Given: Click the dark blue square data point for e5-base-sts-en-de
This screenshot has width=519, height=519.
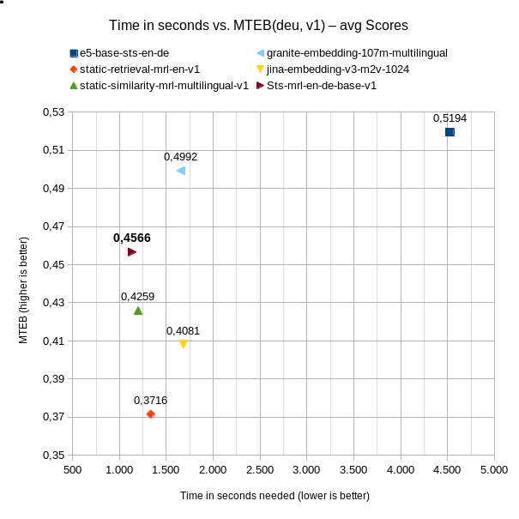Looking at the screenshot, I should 450,132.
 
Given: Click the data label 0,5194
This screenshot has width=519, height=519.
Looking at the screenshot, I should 450,118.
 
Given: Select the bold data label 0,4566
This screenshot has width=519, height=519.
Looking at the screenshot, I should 132,238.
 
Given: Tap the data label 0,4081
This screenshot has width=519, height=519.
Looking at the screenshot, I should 183,330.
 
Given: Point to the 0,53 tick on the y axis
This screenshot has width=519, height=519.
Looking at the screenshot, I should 53,112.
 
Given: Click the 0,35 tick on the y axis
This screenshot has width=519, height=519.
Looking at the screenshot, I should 53,455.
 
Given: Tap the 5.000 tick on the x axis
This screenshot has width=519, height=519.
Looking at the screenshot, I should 493,469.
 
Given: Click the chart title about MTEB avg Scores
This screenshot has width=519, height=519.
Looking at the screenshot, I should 259,25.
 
